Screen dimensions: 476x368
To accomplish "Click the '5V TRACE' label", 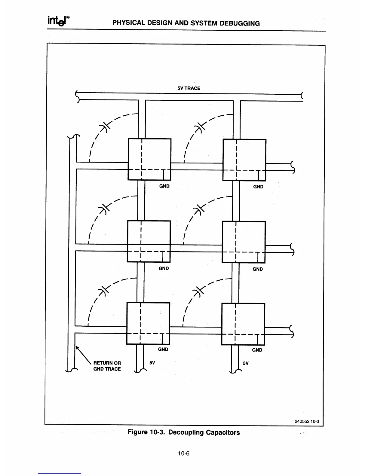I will tap(189, 88).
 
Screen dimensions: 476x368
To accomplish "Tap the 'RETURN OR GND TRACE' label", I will tap(107, 366).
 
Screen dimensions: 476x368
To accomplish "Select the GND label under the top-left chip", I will tap(164, 186).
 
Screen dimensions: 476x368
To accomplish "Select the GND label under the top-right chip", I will tap(258, 187).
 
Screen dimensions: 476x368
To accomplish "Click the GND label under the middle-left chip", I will tap(164, 269).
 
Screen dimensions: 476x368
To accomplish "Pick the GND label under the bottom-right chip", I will tap(257, 350).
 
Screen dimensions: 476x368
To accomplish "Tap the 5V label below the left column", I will tap(152, 363).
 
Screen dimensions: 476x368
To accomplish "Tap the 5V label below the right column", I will tap(246, 363).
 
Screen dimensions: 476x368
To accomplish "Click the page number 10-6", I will tap(184, 454).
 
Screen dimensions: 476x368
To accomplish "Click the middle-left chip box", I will tap(149, 241).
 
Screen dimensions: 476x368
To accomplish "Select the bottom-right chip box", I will tap(243, 324).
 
